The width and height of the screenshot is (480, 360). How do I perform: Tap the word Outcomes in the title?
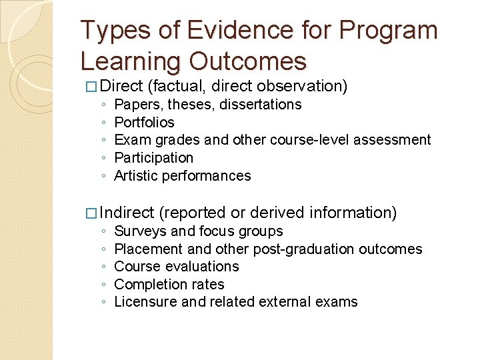point(248,61)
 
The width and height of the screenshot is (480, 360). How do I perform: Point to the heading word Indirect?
point(127,213)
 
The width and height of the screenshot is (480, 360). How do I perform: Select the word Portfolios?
point(144,123)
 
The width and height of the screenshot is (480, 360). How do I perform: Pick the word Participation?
point(153,158)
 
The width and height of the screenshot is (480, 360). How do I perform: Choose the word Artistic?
point(137,176)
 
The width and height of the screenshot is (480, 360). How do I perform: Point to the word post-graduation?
point(303,249)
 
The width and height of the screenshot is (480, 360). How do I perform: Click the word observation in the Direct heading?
point(303,86)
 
